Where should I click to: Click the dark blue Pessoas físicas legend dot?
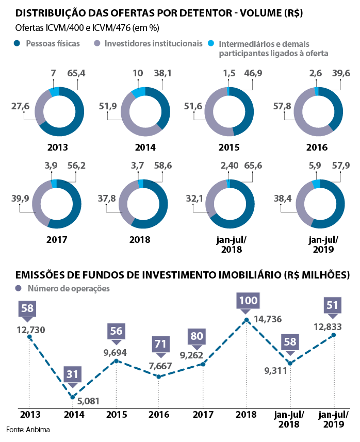point(19,44)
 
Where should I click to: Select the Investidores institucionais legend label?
point(153,44)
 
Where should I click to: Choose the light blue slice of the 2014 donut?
point(138,92)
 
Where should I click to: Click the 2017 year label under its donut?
point(57,239)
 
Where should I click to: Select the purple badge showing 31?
point(73,373)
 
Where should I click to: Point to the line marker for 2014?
point(73,397)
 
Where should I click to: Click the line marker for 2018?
point(247,320)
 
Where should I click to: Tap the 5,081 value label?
point(89,401)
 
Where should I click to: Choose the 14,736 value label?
point(268,319)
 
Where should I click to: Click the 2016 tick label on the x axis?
point(159,414)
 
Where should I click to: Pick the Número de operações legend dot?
point(19,288)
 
